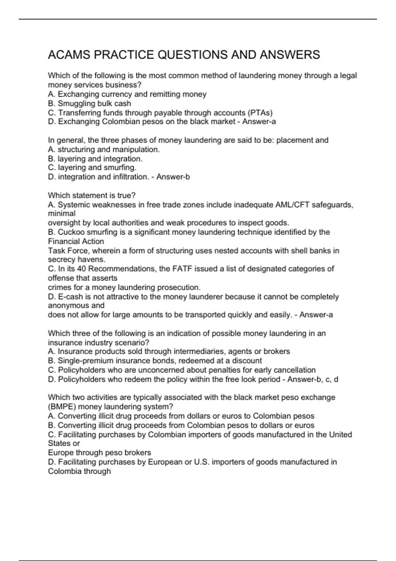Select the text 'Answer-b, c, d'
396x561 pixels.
click(x=313, y=379)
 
